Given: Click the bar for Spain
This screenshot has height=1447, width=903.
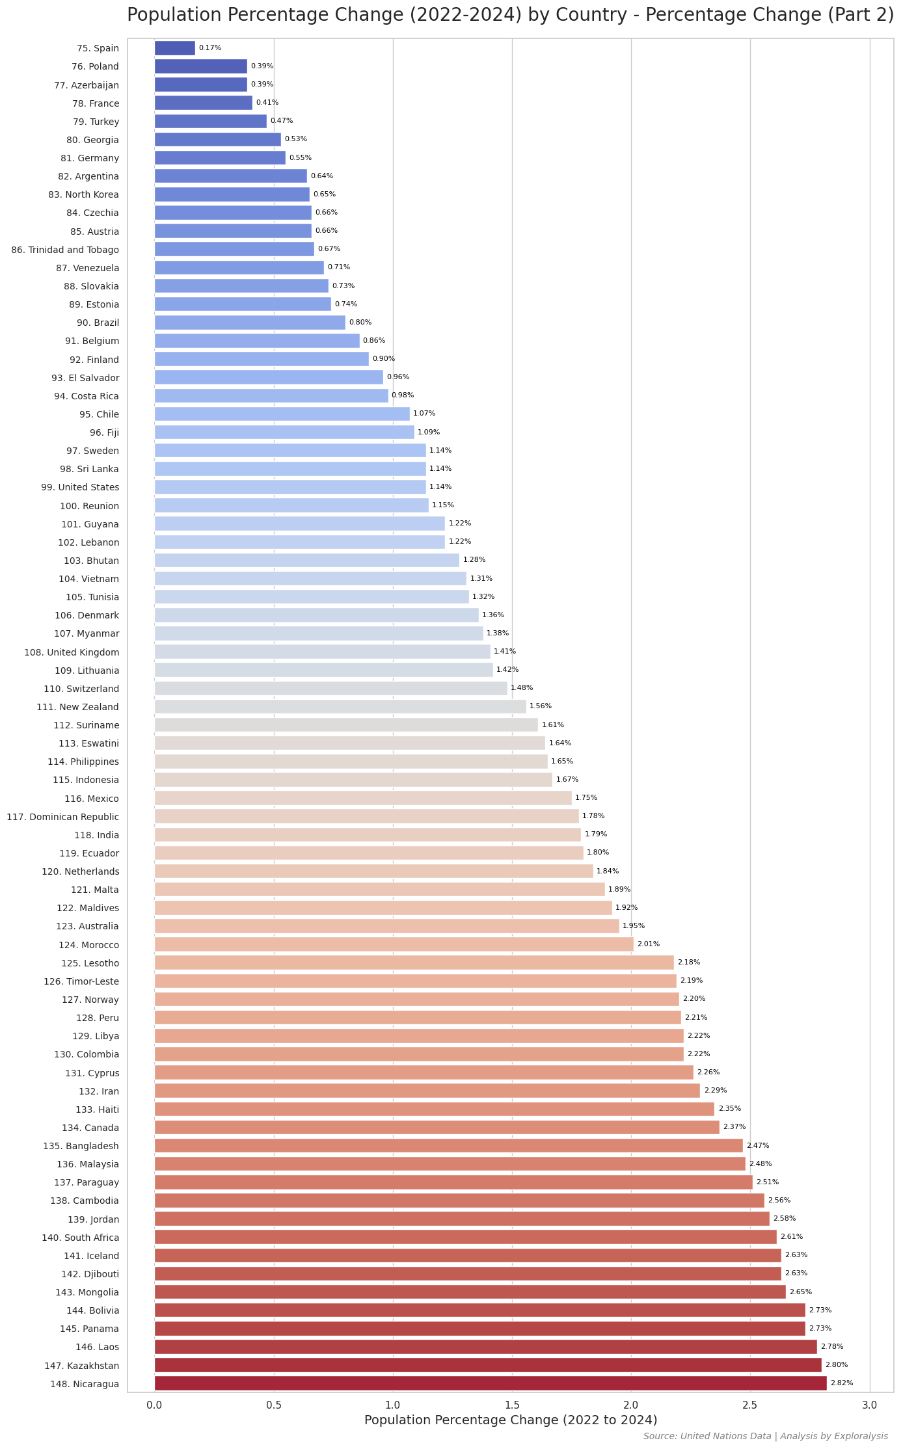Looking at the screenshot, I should (174, 48).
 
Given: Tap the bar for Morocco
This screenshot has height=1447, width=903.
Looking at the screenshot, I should (394, 944).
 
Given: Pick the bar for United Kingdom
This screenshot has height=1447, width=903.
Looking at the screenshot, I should (322, 652).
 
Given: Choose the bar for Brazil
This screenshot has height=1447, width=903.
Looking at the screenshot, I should (250, 323).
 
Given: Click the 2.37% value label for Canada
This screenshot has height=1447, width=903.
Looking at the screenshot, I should (735, 1127).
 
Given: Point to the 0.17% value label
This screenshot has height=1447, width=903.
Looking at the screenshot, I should (210, 48).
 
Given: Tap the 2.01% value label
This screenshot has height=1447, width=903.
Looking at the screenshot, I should (648, 944).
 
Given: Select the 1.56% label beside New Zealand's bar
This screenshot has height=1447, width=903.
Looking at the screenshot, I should (541, 706).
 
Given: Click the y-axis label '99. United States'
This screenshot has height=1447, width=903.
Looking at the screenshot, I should (80, 487).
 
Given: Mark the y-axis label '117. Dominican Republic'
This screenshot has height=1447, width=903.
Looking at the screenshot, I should (63, 817).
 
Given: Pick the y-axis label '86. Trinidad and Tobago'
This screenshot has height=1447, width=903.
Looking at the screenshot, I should (65, 250).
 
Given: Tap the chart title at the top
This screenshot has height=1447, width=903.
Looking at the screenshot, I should (511, 15).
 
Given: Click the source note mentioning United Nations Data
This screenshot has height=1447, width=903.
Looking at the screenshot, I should (765, 1436).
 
